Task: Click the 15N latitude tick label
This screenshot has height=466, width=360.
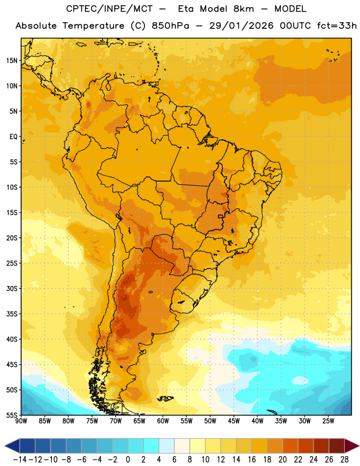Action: click(12, 61)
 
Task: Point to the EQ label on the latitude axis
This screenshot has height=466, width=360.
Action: click(13, 137)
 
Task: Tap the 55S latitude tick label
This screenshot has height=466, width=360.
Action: click(12, 415)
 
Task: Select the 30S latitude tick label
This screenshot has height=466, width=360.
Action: click(12, 288)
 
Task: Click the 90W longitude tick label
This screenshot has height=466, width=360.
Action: click(21, 421)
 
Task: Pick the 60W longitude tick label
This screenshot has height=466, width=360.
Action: click(163, 421)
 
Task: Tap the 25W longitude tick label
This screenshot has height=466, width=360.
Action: click(328, 421)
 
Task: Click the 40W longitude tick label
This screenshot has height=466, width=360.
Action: click(257, 421)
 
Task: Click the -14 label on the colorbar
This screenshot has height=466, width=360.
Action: click(20, 460)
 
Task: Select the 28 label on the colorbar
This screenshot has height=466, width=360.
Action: click(344, 460)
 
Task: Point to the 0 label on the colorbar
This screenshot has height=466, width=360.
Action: click(128, 460)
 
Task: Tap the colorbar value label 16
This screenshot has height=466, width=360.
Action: click(252, 460)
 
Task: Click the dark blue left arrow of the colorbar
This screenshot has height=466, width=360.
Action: click(12, 446)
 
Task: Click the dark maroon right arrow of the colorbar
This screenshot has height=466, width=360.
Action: click(352, 446)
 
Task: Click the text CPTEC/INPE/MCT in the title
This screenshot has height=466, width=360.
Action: click(109, 9)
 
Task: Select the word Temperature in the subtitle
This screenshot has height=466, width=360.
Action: click(93, 26)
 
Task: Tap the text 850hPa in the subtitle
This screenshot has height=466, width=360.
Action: click(170, 26)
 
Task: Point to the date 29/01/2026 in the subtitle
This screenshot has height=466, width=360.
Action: click(241, 26)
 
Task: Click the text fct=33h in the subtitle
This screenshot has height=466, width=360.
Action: click(337, 26)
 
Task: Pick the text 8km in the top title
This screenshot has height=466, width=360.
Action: click(243, 9)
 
